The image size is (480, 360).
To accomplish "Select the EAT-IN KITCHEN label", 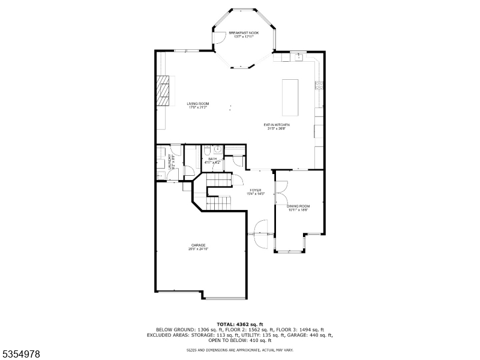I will click(277, 126).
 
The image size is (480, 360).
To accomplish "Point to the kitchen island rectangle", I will click(290, 97).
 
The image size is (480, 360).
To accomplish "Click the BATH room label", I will click(212, 160).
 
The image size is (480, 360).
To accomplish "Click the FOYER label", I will click(256, 192).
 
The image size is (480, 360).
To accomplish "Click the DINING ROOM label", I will click(298, 208).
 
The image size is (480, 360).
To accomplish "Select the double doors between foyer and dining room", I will click(278, 194).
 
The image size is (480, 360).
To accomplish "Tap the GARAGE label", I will click(199, 246).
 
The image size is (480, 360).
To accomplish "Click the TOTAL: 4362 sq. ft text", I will click(240, 325).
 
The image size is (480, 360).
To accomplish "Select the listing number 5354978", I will click(21, 354).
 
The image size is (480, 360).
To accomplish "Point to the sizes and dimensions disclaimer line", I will click(240, 349).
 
